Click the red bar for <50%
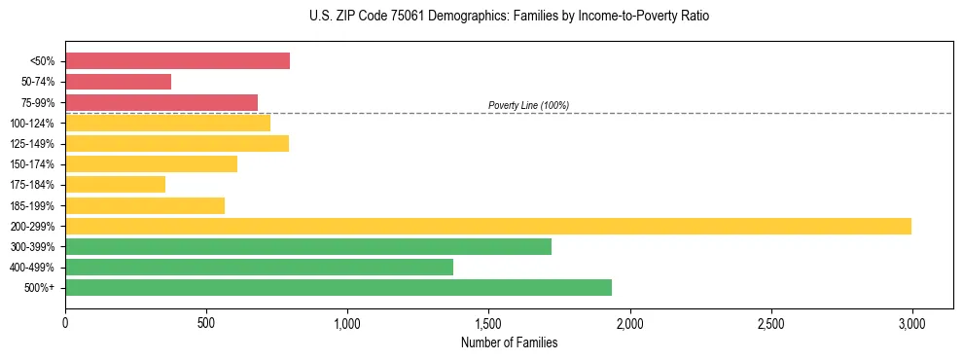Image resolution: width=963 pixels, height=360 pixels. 177,61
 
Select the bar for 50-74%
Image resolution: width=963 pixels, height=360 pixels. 118,82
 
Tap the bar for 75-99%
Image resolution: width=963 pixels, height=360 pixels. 161,102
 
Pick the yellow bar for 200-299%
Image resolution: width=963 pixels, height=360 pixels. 487,226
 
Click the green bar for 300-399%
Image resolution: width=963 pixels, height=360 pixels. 307,246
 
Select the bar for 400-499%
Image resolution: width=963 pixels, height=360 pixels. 259,267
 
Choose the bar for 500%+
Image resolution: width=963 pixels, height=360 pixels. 338,287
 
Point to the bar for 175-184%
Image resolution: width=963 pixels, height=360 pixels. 115,184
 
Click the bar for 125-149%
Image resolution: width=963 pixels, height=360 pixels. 176,143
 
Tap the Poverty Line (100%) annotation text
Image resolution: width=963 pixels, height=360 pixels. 528,105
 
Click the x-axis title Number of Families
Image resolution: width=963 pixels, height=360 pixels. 509,342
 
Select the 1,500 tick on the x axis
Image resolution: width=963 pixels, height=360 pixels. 488,322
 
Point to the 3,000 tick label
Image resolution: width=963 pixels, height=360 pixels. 911,322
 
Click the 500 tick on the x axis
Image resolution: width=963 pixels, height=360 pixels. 206,322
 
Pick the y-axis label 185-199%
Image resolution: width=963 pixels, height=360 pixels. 32,205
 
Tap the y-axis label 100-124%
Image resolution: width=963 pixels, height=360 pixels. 32,123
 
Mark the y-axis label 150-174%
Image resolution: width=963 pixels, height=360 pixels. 32,164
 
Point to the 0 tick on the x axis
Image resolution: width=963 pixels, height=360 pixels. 65,322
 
